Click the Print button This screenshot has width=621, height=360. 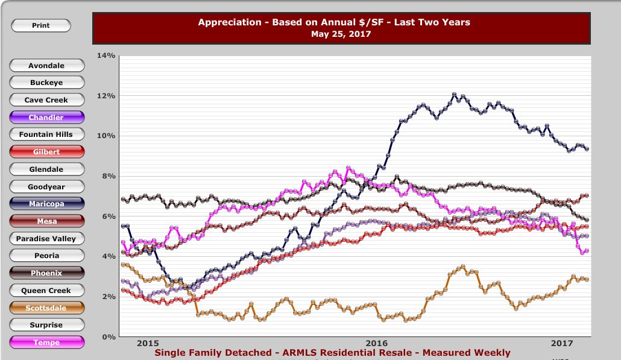41,26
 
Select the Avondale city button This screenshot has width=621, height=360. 47,66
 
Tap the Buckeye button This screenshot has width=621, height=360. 47,83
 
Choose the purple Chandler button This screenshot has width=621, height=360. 47,118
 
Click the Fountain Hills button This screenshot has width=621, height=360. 47,134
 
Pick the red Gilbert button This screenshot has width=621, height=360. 47,152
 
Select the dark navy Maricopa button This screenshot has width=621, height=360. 47,204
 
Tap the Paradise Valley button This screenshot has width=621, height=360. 47,239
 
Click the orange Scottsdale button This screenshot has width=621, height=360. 47,308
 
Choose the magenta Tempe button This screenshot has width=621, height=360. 47,343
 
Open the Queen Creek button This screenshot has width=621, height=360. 47,291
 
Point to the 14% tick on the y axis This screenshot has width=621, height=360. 106,55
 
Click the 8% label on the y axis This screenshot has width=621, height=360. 109,176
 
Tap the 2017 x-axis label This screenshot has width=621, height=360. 562,343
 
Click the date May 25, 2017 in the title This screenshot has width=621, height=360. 341,34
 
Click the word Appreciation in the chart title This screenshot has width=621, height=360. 226,22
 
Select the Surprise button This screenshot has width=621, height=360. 47,325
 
